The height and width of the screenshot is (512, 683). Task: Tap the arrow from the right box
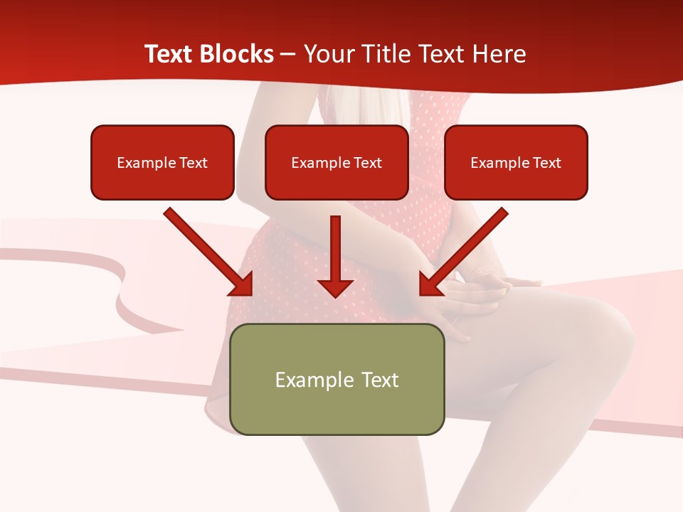(466, 249)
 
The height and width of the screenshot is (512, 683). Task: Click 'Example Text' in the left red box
(162, 163)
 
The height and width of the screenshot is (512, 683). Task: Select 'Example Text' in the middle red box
(337, 163)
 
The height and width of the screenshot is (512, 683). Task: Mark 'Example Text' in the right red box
(516, 163)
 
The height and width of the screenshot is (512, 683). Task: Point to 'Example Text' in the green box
(337, 380)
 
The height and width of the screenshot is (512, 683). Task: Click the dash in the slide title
(288, 54)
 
